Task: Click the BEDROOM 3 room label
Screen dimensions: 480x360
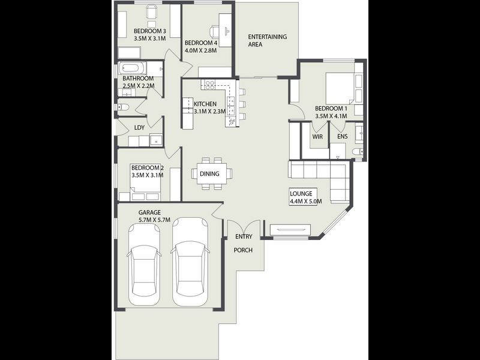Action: (x=149, y=35)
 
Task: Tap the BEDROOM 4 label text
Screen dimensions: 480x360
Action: (x=201, y=47)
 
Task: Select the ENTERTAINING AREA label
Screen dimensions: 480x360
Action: (x=267, y=40)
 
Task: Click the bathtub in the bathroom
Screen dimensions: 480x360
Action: (x=133, y=68)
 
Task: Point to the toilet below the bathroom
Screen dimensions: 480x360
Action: (x=124, y=107)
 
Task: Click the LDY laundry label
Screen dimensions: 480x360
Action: (x=139, y=127)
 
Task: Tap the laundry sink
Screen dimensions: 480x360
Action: (x=156, y=140)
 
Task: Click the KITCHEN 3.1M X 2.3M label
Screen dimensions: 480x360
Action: (x=209, y=107)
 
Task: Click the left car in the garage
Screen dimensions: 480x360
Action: (x=144, y=264)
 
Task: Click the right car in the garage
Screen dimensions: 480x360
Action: (x=190, y=262)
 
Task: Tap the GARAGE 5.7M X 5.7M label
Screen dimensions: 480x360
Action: (x=154, y=216)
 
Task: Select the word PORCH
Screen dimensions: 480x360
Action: (x=243, y=250)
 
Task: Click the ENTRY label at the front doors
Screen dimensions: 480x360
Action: (x=244, y=236)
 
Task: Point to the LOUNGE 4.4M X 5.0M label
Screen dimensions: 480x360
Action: (x=305, y=197)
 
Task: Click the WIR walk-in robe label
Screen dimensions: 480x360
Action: (x=317, y=137)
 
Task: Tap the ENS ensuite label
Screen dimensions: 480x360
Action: (x=342, y=136)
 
